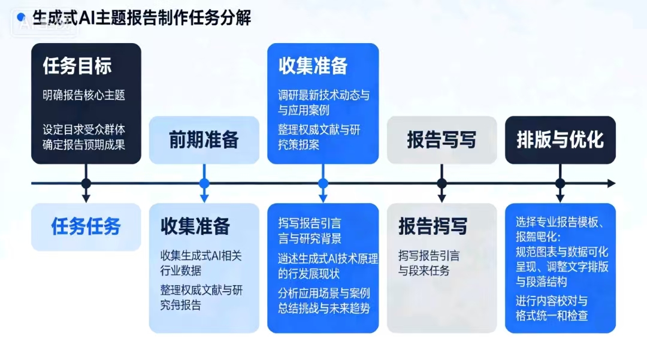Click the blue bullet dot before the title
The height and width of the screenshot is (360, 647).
click(x=22, y=18)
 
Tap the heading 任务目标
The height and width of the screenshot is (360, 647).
click(x=77, y=66)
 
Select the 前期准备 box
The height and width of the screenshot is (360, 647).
click(x=204, y=140)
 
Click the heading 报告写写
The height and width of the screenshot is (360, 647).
click(x=442, y=140)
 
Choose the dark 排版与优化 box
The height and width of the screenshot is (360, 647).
click(x=560, y=140)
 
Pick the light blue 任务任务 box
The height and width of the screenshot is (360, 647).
click(x=86, y=226)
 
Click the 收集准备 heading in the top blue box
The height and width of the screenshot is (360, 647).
click(x=313, y=66)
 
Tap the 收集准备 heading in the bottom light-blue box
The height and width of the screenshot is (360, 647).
click(x=195, y=226)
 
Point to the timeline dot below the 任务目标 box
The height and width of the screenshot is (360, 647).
click(x=86, y=183)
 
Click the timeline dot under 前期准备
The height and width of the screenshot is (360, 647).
click(x=204, y=183)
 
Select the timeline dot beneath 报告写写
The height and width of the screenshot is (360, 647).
click(x=442, y=183)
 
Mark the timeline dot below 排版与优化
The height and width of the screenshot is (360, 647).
click(x=560, y=183)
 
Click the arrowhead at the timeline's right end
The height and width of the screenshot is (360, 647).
click(x=611, y=183)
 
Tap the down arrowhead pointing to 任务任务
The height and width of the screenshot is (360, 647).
click(x=86, y=198)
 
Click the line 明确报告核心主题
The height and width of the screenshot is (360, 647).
click(x=84, y=95)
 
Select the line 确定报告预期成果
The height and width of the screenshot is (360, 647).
click(x=84, y=144)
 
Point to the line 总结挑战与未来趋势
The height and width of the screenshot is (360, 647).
click(x=324, y=308)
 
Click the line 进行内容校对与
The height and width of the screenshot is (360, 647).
click(x=552, y=300)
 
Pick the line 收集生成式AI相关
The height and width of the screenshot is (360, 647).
click(x=201, y=256)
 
